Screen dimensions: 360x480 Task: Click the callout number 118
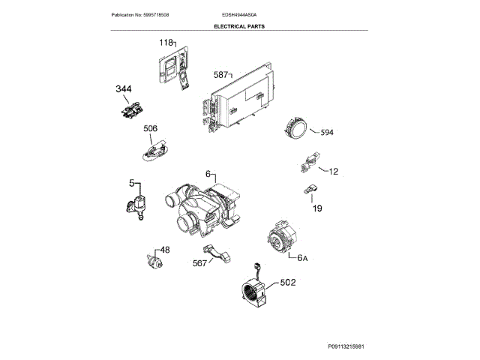tap(166, 43)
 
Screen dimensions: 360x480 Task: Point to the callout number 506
tap(150, 129)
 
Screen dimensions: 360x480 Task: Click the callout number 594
tap(327, 133)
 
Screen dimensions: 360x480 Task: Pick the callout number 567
tap(199, 262)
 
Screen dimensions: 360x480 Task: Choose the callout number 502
tap(288, 283)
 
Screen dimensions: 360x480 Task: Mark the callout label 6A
tap(303, 258)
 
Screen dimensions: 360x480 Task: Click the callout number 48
tap(165, 250)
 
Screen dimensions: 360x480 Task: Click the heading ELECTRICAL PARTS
tap(239, 25)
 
